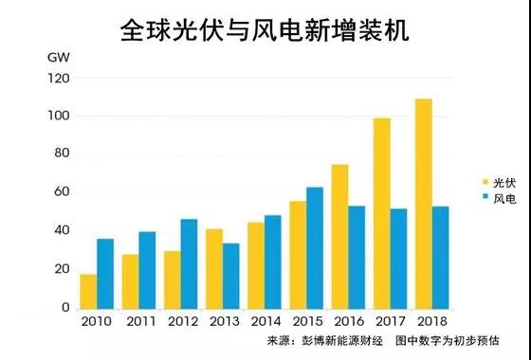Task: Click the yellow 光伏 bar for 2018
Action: pyautogui.click(x=425, y=204)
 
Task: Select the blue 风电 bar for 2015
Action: pyautogui.click(x=314, y=247)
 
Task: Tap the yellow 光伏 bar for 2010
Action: pyautogui.click(x=87, y=291)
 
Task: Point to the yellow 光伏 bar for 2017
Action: pyautogui.click(x=382, y=213)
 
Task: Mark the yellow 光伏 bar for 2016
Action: pyautogui.click(x=339, y=236)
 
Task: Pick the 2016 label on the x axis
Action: pyautogui.click(x=349, y=321)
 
